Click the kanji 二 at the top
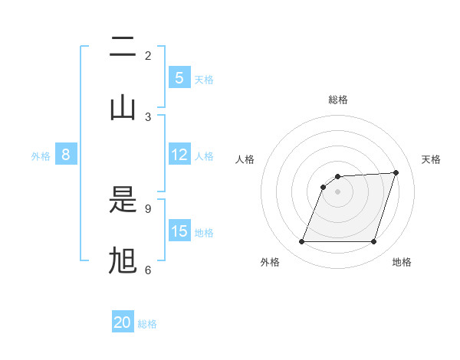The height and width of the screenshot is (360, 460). [x=123, y=48]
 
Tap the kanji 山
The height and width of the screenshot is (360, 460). [x=123, y=106]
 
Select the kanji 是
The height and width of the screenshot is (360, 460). [x=123, y=201]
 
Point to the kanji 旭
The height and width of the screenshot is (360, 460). [x=123, y=260]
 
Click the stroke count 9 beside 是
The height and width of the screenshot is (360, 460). [x=148, y=208]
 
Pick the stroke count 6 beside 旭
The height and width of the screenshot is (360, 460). [x=148, y=270]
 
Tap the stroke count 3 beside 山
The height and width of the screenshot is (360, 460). [x=148, y=116]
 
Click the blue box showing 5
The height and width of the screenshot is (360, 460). [x=179, y=78]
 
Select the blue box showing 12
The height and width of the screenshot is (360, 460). [x=179, y=155]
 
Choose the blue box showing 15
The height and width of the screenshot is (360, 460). [x=179, y=231]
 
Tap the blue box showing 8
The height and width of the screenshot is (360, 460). [x=66, y=155]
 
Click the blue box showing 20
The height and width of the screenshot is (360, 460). [x=123, y=322]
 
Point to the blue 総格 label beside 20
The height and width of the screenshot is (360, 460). [x=147, y=324]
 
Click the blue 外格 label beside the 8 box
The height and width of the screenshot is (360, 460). [x=41, y=156]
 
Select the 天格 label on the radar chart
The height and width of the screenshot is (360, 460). [x=432, y=159]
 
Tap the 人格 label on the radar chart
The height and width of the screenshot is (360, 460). [x=245, y=159]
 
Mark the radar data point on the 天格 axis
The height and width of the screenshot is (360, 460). [x=396, y=172]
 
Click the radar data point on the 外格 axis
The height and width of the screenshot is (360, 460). [x=301, y=242]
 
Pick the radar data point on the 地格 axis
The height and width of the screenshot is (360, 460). [x=373, y=242]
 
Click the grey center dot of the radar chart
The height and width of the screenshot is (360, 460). [x=337, y=191]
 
